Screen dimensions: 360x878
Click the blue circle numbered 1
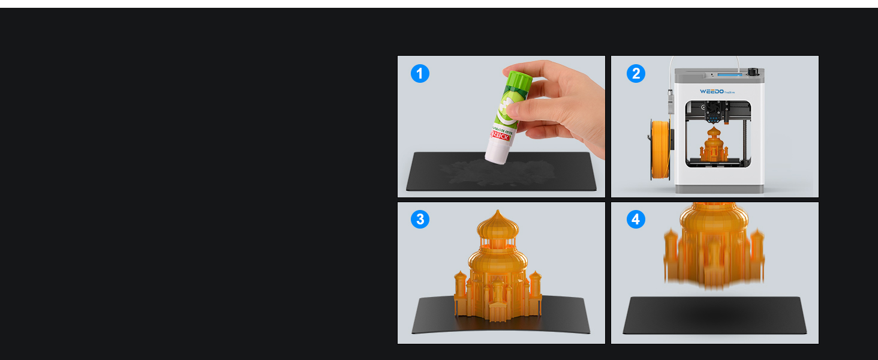coord(420,74)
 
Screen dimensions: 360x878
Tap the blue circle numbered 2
coord(636,74)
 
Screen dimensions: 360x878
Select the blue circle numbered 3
coord(420,220)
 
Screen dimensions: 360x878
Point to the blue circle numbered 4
coord(636,220)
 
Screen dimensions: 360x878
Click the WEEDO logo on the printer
coord(712,92)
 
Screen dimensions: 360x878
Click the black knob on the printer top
coord(753,73)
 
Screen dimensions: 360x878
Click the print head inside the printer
coord(714,112)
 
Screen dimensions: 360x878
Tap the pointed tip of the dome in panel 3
coord(498,211)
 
